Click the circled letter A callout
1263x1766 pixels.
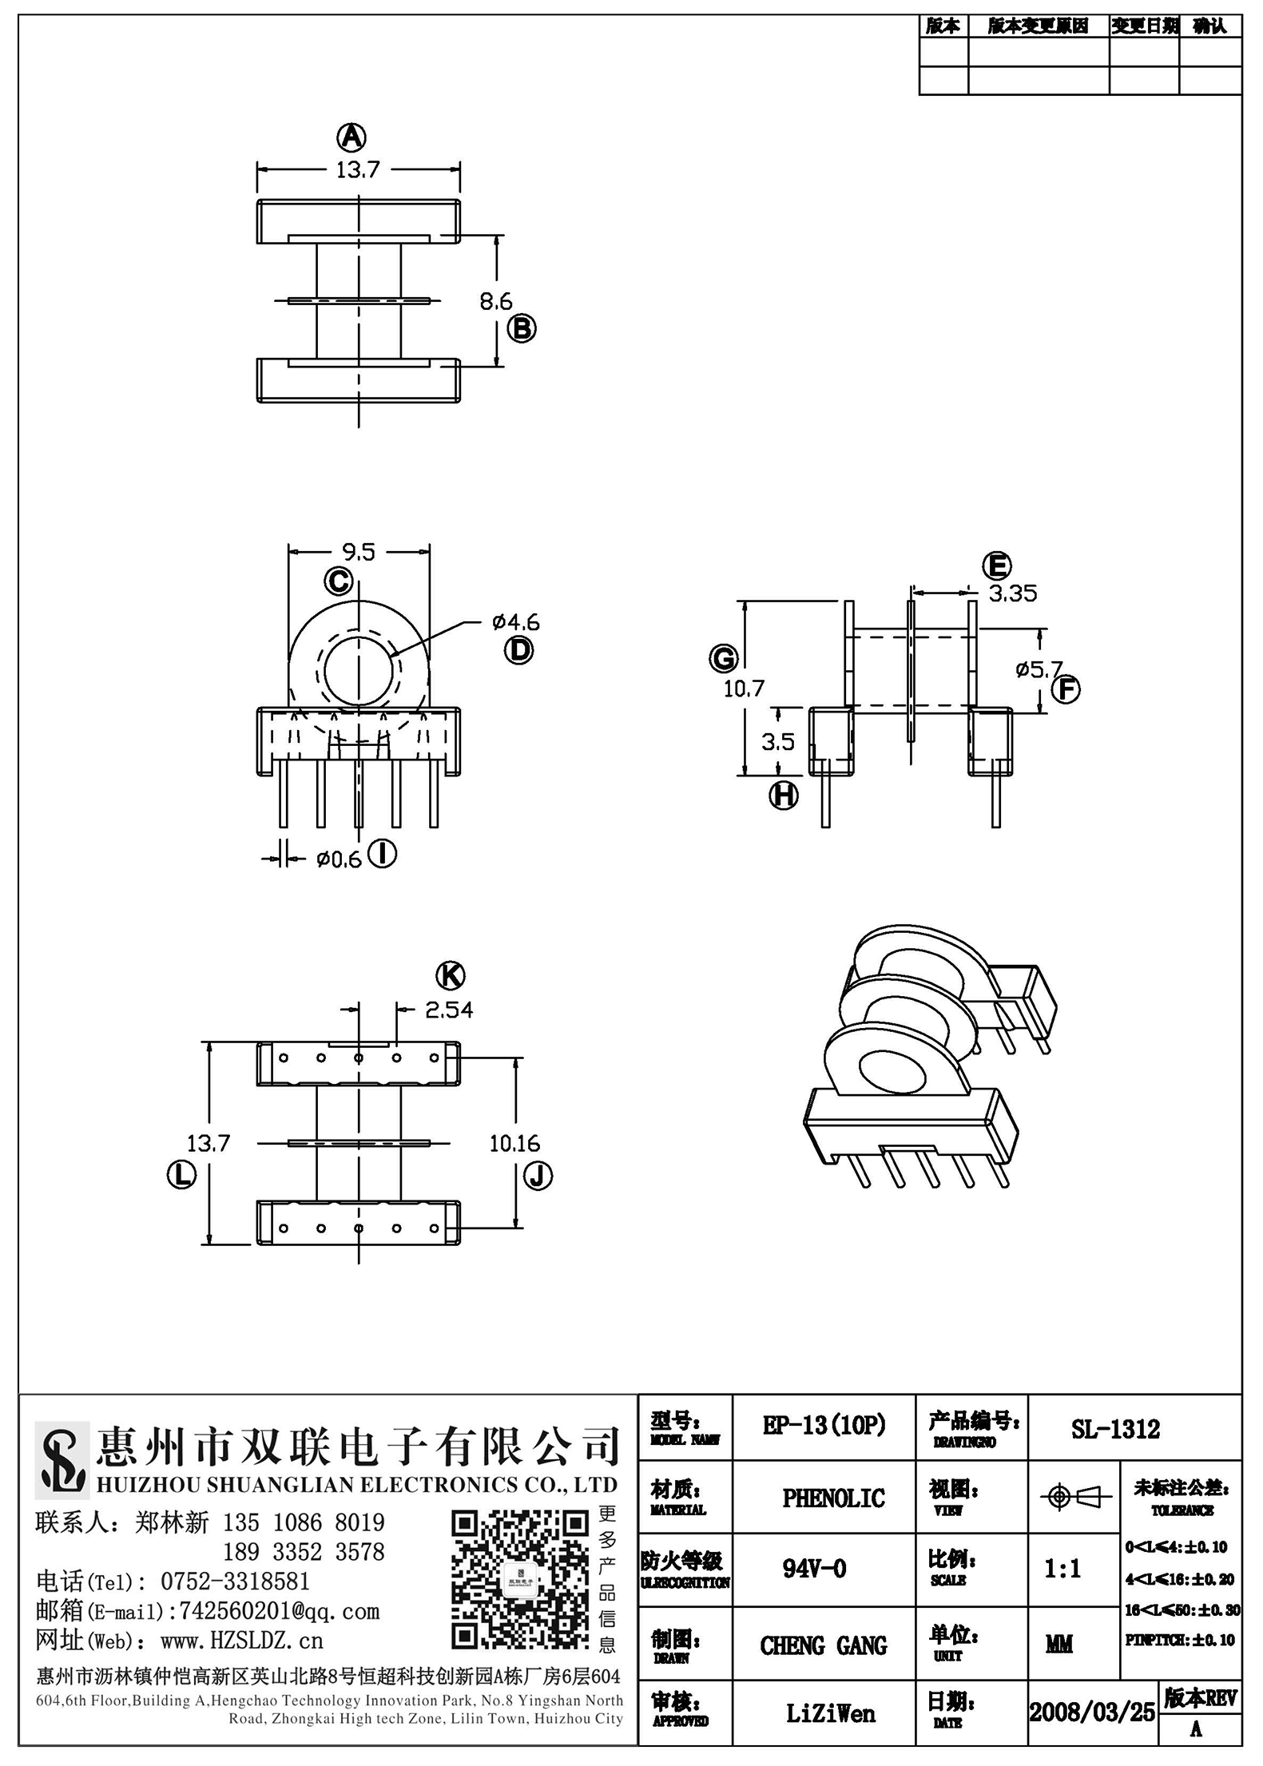click(x=351, y=137)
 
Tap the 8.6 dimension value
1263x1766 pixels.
click(x=496, y=301)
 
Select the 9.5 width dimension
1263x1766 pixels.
click(x=358, y=552)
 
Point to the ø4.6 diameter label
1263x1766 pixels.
click(x=516, y=621)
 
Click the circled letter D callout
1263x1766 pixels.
click(x=518, y=650)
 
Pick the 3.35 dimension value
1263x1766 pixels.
click(x=1013, y=593)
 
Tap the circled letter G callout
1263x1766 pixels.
click(x=723, y=659)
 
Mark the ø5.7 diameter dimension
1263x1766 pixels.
click(x=1039, y=669)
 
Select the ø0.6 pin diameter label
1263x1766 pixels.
click(x=340, y=859)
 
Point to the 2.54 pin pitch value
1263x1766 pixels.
click(x=449, y=1010)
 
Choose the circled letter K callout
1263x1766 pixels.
click(x=451, y=975)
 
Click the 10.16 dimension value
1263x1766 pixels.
click(x=514, y=1144)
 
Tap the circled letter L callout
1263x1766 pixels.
click(x=181, y=1175)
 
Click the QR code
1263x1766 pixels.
click(x=520, y=1580)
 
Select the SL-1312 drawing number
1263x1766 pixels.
click(x=1115, y=1429)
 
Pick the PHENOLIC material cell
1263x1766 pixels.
click(x=833, y=1498)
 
